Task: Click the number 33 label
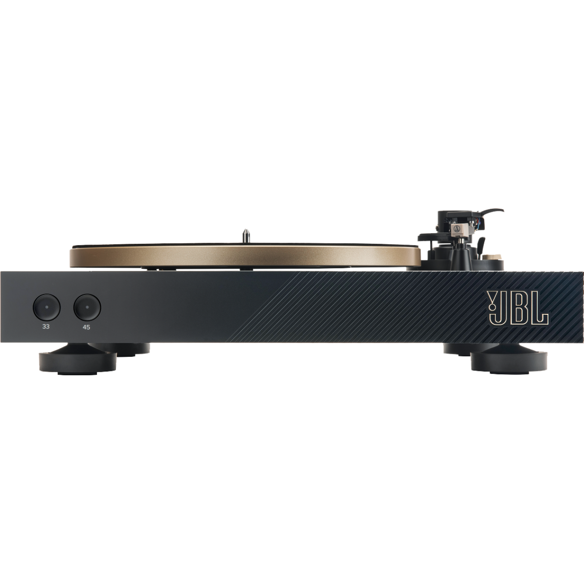pyautogui.click(x=46, y=327)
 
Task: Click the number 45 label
pyautogui.click(x=86, y=328)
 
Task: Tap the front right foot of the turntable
pyautogui.click(x=509, y=363)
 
